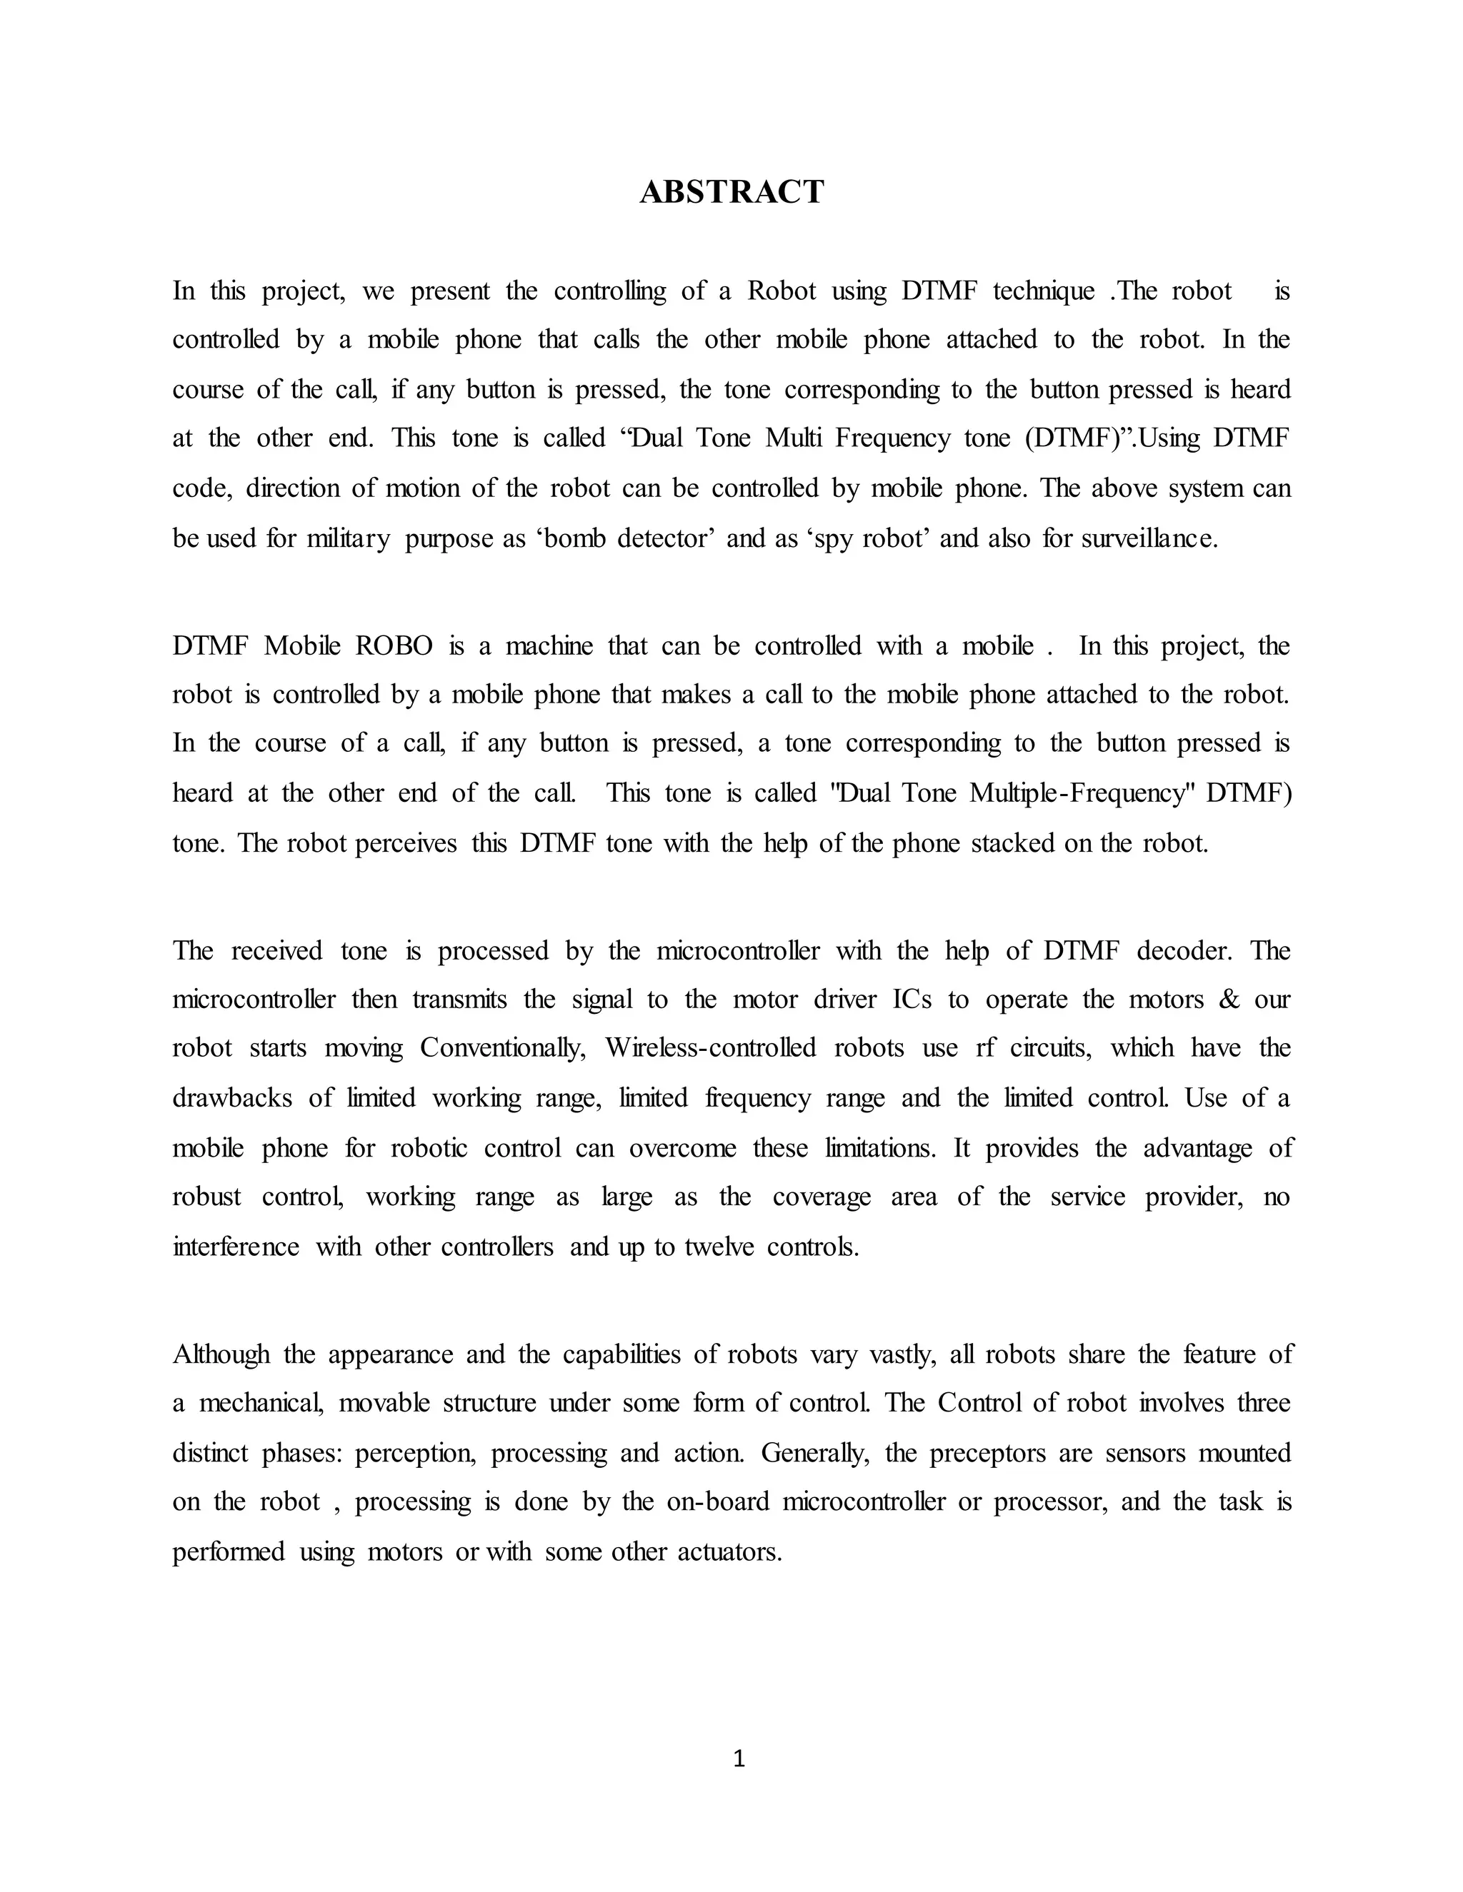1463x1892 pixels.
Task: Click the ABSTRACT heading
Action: point(731,191)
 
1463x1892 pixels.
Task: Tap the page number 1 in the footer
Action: point(739,1758)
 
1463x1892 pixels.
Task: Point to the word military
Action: point(349,539)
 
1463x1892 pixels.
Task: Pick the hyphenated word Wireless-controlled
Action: point(711,1048)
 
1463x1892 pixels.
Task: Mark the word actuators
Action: point(730,1551)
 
